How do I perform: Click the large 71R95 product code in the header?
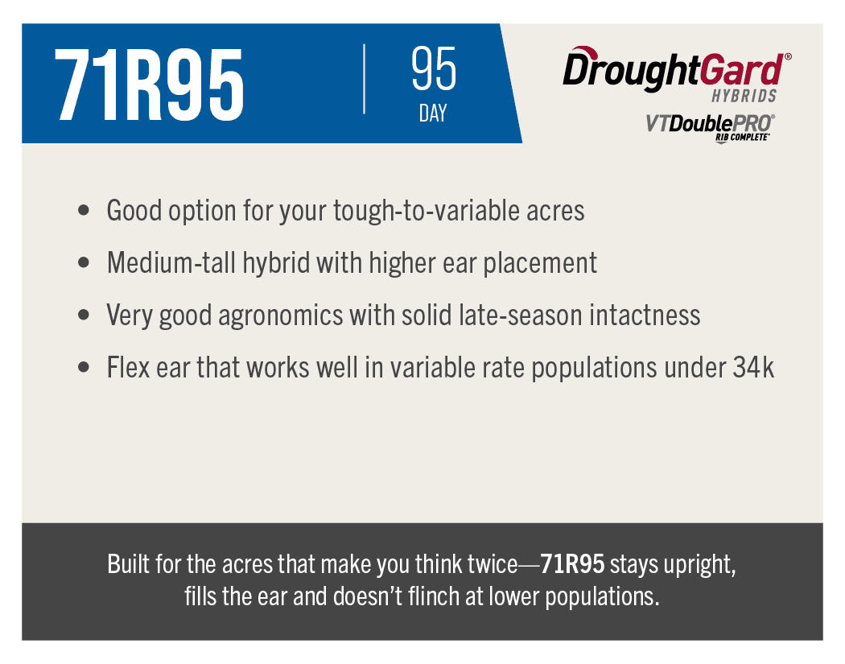[x=149, y=85]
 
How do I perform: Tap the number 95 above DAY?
[x=433, y=68]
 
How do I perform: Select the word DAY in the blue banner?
[x=433, y=113]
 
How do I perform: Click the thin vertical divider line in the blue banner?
[x=365, y=79]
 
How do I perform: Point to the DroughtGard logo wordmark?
[x=677, y=69]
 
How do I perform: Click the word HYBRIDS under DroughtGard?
[x=744, y=96]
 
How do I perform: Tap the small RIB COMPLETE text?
[x=742, y=138]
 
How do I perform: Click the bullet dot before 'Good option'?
[x=84, y=210]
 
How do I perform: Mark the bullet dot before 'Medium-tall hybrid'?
[x=84, y=262]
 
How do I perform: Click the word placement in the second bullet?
[x=539, y=263]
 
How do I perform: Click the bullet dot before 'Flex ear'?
[x=84, y=368]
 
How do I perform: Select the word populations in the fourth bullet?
[x=595, y=369]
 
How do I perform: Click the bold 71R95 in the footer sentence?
[x=572, y=564]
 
